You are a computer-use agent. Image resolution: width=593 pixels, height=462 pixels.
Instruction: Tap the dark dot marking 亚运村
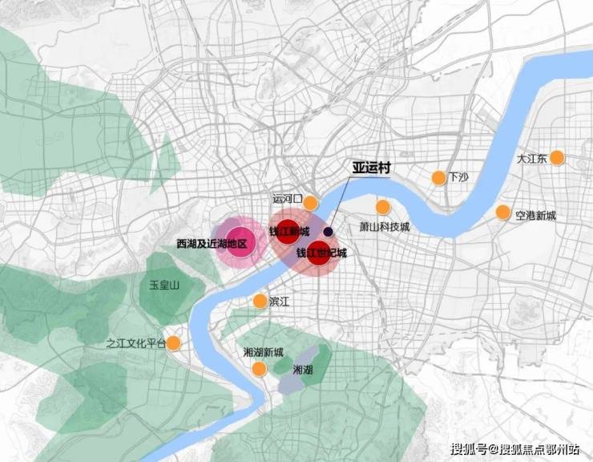329,231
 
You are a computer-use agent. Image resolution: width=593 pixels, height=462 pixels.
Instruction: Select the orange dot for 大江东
557,158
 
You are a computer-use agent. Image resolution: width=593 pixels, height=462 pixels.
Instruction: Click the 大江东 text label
531,159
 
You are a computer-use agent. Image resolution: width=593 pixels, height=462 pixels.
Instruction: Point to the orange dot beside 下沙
438,177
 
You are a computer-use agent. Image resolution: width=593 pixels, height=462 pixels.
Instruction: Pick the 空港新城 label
536,215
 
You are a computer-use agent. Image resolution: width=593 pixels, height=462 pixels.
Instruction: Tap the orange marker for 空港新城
502,213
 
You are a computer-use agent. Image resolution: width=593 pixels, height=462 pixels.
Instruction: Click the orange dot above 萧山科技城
383,206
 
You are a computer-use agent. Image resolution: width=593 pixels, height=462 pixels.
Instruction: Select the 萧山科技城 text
384,227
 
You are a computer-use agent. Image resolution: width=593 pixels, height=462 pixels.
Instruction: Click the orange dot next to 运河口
309,202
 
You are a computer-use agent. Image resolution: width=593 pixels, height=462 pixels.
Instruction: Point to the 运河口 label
286,198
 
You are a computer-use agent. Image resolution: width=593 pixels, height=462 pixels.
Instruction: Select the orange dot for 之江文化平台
173,343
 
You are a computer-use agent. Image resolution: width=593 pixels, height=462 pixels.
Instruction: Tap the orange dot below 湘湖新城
259,368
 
